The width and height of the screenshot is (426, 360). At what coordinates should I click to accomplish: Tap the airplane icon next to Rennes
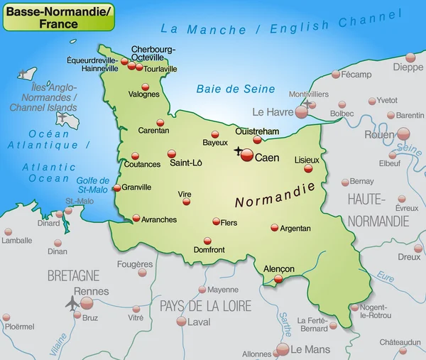pyautogui.click(x=72, y=302)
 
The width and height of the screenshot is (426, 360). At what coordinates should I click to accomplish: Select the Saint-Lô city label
pyautogui.click(x=186, y=163)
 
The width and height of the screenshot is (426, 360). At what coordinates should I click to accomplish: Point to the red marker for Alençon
pyautogui.click(x=278, y=280)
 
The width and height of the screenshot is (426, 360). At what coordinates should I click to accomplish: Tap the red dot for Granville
pyautogui.click(x=116, y=188)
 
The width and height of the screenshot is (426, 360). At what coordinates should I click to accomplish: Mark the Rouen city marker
pyautogui.click(x=403, y=133)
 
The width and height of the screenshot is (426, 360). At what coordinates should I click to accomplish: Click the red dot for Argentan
pyautogui.click(x=275, y=228)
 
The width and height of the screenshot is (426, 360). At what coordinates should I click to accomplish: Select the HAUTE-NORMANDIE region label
pyautogui.click(x=378, y=209)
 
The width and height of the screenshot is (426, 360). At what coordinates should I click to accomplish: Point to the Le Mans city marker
pyautogui.click(x=283, y=349)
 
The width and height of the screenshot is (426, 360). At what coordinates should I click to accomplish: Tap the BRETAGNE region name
pyautogui.click(x=73, y=275)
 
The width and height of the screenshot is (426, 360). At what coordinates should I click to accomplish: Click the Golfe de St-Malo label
pyautogui.click(x=93, y=185)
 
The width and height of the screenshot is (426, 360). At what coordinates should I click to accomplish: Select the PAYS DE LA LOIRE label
pyautogui.click(x=205, y=306)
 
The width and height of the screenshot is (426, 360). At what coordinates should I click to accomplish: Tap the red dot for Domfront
pyautogui.click(x=207, y=241)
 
